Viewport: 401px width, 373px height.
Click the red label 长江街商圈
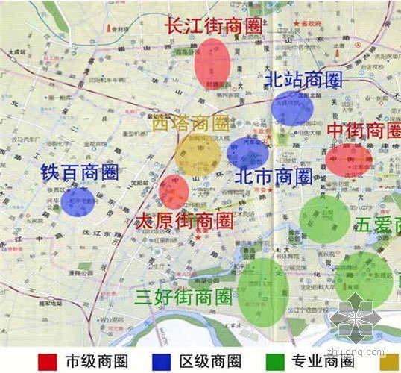pyautogui.click(x=215, y=25)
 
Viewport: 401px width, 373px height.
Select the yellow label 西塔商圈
pyautogui.click(x=190, y=124)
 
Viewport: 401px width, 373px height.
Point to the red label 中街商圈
pyautogui.click(x=364, y=131)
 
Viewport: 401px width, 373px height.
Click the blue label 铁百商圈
pyautogui.click(x=80, y=173)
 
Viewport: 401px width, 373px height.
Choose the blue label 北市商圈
pyautogui.click(x=273, y=177)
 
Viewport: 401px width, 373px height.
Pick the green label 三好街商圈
pyautogui.click(x=184, y=297)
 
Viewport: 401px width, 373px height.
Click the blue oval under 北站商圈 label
pyautogui.click(x=291, y=109)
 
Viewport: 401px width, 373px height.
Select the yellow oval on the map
pyautogui.click(x=198, y=154)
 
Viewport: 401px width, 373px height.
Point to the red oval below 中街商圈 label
pyautogui.click(x=348, y=160)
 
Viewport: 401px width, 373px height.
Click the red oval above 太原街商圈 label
pyautogui.click(x=174, y=192)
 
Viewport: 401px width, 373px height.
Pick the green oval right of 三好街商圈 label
pyautogui.click(x=263, y=292)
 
